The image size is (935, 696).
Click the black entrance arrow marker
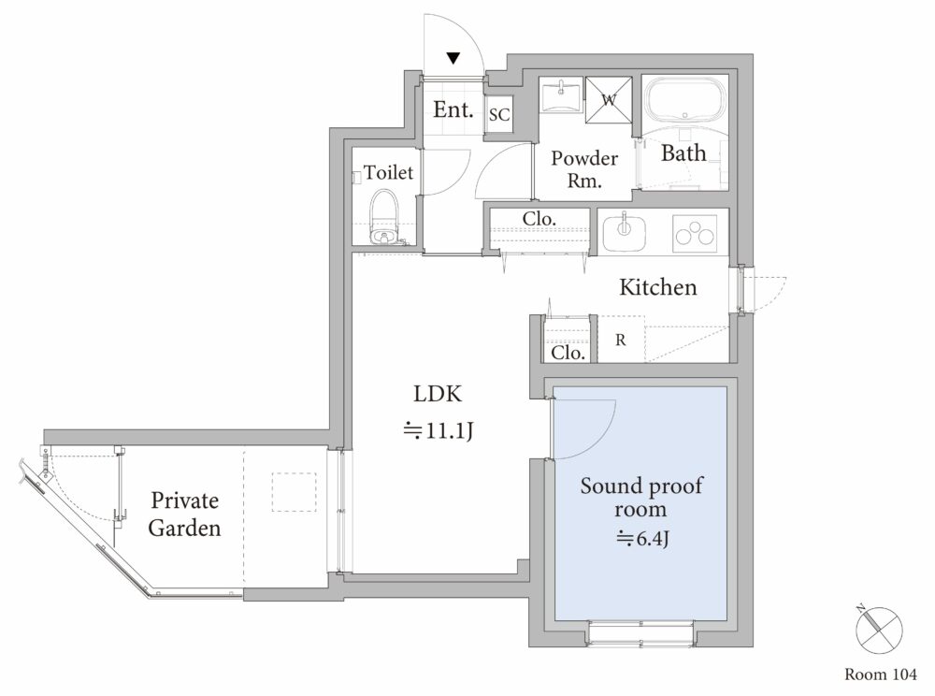(x=453, y=58)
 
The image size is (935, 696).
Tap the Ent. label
(x=453, y=109)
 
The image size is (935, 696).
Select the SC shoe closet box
(x=499, y=114)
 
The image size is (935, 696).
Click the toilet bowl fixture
(x=383, y=218)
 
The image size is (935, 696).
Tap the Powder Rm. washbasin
(x=560, y=94)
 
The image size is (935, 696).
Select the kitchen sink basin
(x=624, y=233)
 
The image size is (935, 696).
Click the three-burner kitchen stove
(x=694, y=233)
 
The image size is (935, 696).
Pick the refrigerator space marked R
(x=622, y=339)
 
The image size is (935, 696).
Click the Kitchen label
(x=657, y=287)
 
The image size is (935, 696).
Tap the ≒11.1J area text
(x=439, y=430)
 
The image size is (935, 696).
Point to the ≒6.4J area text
(x=643, y=539)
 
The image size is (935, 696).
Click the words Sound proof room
(x=641, y=497)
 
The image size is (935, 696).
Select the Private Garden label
(x=184, y=514)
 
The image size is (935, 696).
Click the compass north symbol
(x=878, y=630)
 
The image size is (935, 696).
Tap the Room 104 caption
(x=880, y=674)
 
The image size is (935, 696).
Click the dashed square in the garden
(x=294, y=491)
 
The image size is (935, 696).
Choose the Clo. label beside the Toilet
(x=539, y=219)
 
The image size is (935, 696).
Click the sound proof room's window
(x=641, y=632)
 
